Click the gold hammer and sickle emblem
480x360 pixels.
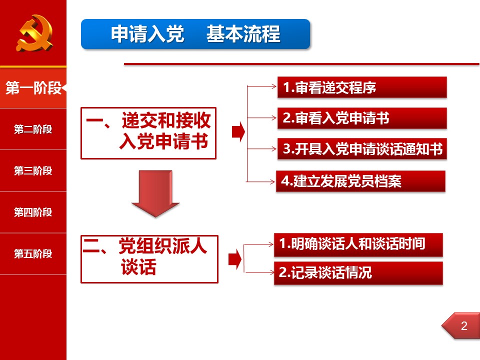point(34,33)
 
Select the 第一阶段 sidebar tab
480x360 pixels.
point(33,88)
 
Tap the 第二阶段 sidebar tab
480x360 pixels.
point(33,129)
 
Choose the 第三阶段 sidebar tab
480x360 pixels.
point(33,170)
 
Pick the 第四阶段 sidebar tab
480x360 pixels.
point(33,212)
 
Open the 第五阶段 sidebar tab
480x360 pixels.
point(33,254)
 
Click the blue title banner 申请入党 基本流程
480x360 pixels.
point(195,34)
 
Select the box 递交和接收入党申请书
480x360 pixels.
point(148,133)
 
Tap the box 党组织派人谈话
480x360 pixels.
point(149,259)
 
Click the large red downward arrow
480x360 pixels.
point(155,193)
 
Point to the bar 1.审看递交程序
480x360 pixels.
point(362,87)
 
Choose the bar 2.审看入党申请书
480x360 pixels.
point(362,118)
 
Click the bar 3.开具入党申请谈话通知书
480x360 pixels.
point(362,149)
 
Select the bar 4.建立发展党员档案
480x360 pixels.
point(360,181)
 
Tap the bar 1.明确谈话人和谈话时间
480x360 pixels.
point(358,244)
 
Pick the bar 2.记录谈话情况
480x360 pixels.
point(358,273)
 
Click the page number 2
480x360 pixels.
point(464,325)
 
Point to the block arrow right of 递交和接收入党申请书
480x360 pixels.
point(238,132)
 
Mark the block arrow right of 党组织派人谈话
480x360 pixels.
point(235,259)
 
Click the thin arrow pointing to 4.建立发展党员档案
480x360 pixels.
point(260,182)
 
